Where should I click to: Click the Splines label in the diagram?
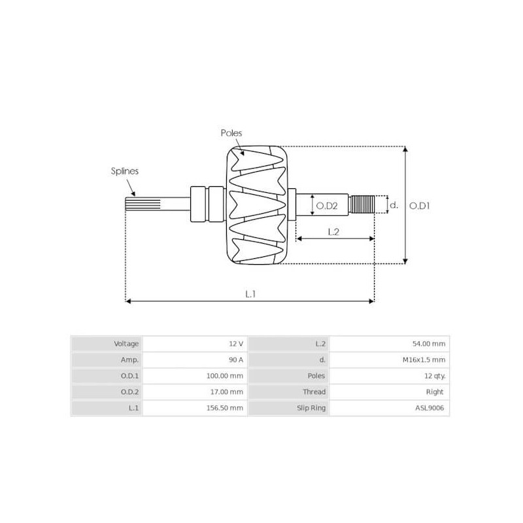[x=124, y=171]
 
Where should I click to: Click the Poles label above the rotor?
[x=231, y=133]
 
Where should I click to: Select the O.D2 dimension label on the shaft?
[x=326, y=205]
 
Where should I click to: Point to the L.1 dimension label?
[x=250, y=294]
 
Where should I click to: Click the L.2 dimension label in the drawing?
[x=332, y=231]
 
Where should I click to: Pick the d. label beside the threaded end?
[x=394, y=205]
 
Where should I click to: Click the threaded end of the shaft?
[x=362, y=205]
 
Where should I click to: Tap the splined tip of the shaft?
[x=131, y=205]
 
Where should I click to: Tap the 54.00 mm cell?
[x=428, y=344]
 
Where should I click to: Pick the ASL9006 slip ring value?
[x=429, y=408]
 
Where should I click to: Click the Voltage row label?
[x=126, y=344]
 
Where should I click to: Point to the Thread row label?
[x=314, y=392]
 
